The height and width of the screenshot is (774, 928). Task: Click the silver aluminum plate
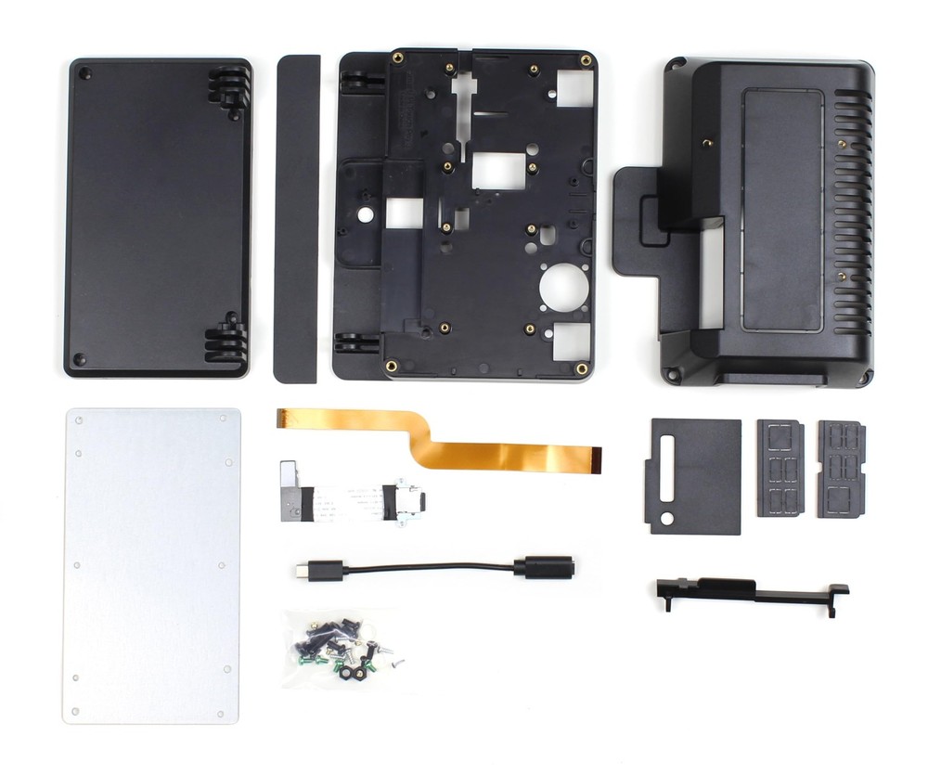point(153,566)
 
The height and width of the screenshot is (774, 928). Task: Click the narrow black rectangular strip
point(297,218)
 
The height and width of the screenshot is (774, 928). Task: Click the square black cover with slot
point(696,475)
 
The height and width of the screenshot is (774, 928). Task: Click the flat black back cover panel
point(156,218)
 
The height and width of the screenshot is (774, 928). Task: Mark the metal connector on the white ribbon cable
point(408,501)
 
